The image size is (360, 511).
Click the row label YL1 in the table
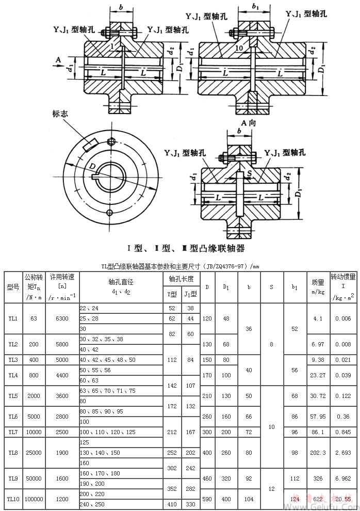[13, 318]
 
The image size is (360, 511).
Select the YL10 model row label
[13, 499]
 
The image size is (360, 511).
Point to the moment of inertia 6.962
[343, 478]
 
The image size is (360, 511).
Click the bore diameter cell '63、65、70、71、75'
[108, 391]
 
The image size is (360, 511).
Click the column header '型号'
[13, 287]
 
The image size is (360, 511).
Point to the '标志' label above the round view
[61, 113]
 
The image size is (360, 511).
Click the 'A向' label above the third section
[250, 122]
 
